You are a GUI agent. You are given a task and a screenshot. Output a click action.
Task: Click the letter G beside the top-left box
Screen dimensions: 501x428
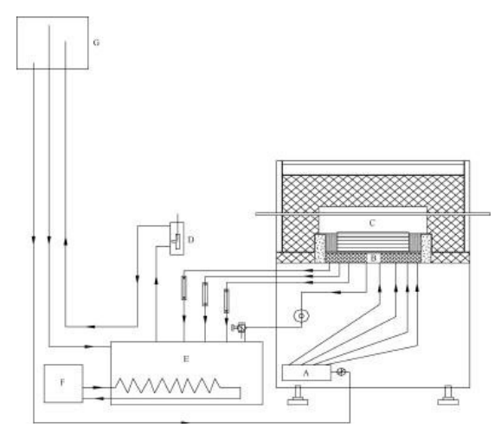tap(96, 42)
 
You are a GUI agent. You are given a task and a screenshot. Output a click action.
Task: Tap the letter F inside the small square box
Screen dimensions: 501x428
tap(62, 381)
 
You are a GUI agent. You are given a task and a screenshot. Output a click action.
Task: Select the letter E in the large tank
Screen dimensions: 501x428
tap(186, 359)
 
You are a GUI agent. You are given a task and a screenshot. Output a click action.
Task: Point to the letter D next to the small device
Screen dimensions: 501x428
tap(190, 240)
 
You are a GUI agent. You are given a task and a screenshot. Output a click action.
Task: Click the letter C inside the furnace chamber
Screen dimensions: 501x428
tap(372, 223)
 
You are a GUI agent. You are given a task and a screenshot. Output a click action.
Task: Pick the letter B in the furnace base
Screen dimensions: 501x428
tap(375, 258)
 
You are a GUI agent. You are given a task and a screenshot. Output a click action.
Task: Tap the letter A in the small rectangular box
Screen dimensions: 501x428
tap(305, 373)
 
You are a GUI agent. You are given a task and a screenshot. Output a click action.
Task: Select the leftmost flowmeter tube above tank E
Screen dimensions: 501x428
tap(183, 288)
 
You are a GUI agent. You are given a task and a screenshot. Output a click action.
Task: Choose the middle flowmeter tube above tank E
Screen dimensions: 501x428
tap(205, 294)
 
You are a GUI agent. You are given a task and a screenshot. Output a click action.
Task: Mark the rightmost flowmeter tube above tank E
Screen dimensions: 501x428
tap(227, 301)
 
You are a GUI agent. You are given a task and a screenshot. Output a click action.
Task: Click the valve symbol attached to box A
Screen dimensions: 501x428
tap(342, 372)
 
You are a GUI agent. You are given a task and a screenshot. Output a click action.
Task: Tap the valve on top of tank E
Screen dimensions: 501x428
tap(241, 327)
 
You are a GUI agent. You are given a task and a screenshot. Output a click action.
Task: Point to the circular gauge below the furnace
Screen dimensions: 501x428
tap(301, 315)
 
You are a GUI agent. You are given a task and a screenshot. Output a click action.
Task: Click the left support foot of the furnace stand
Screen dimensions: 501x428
tap(298, 396)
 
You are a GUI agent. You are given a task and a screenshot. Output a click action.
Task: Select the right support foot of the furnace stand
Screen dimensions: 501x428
tap(448, 396)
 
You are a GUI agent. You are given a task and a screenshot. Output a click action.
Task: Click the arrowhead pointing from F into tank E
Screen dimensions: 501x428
tap(98, 387)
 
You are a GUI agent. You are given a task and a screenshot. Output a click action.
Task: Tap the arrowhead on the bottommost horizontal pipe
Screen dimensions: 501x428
tap(184, 423)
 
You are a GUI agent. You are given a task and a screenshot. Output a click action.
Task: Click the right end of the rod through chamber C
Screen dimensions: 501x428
tap(490, 214)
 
